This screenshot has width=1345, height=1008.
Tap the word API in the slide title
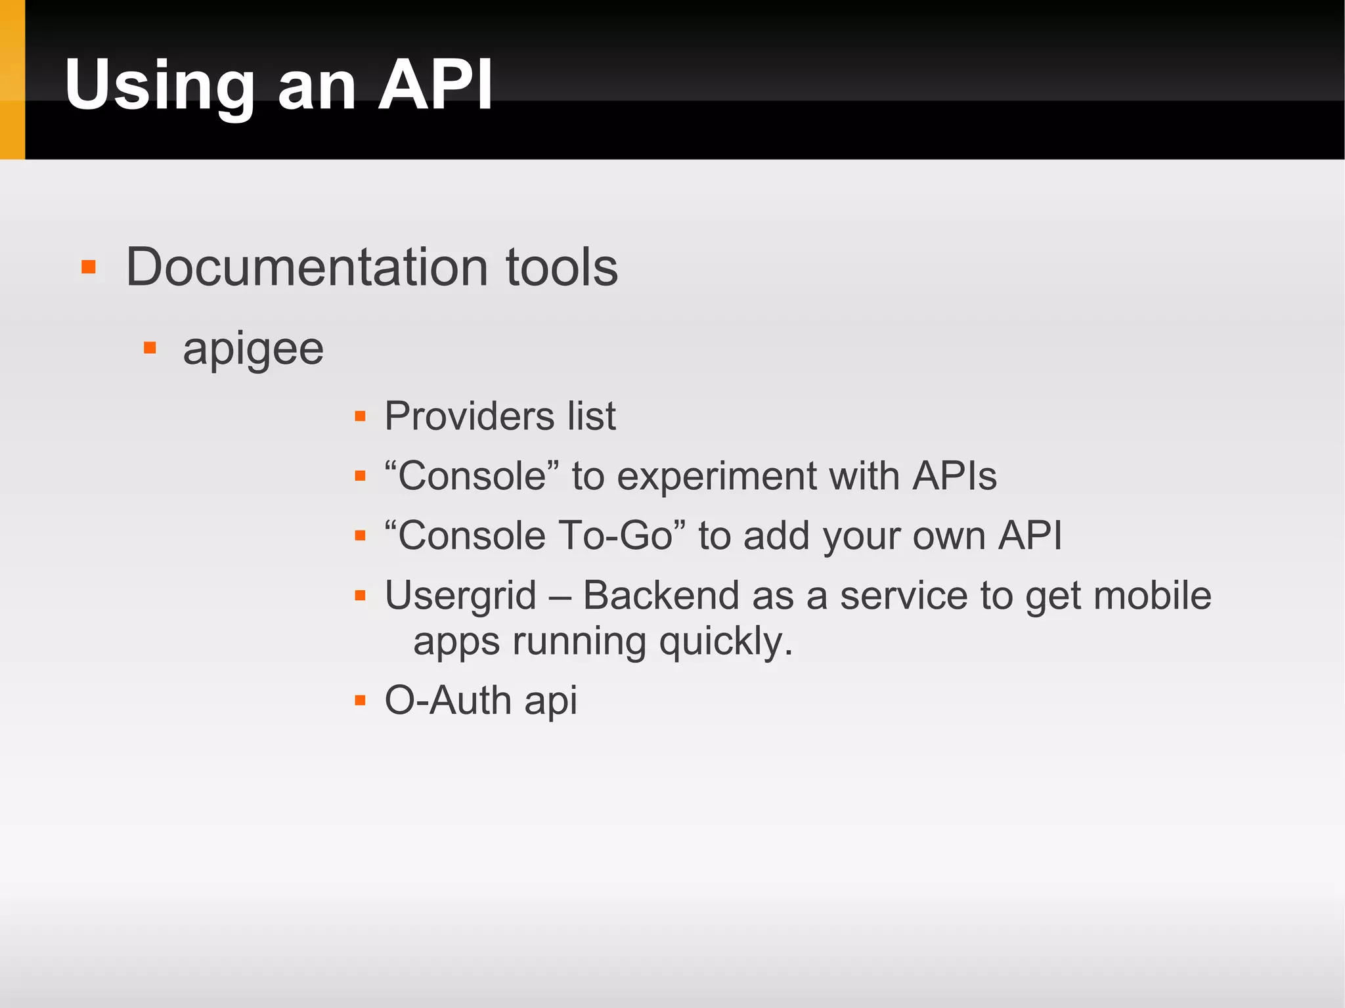pyautogui.click(x=435, y=85)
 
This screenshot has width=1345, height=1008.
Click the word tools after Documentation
pyautogui.click(x=562, y=267)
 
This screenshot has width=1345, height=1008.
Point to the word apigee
pyautogui.click(x=253, y=349)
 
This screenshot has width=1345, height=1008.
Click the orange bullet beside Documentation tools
pyautogui.click(x=89, y=267)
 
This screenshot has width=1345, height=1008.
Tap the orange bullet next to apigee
pyautogui.click(x=150, y=348)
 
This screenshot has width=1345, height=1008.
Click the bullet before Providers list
pyautogui.click(x=360, y=416)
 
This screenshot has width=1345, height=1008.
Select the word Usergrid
pyautogui.click(x=460, y=596)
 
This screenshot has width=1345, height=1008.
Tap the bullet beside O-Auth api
pyautogui.click(x=360, y=701)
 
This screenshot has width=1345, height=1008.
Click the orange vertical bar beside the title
pyautogui.click(x=12, y=79)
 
